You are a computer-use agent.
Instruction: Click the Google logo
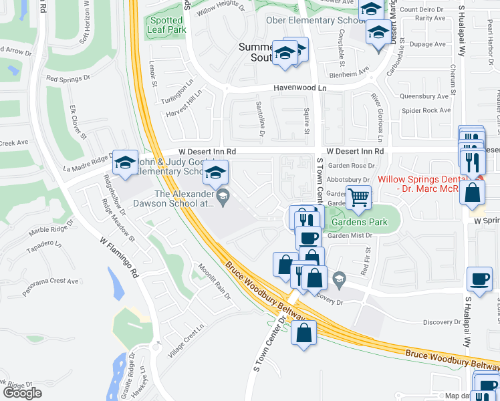[21, 393]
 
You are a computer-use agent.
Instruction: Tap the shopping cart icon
[359, 197]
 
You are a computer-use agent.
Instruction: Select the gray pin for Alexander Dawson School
[225, 195]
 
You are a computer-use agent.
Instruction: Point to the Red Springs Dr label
[68, 78]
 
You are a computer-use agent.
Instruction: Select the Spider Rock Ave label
[425, 110]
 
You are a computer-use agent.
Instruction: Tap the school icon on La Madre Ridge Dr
[125, 163]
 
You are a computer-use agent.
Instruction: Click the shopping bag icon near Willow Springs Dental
[473, 192]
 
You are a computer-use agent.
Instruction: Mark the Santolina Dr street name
[260, 114]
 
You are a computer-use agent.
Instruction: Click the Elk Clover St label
[79, 122]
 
